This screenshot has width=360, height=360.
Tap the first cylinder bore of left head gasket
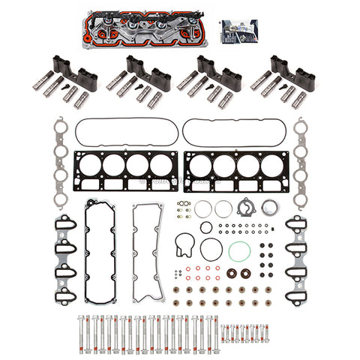(89, 165)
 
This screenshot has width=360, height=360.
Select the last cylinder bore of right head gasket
(268, 165)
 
